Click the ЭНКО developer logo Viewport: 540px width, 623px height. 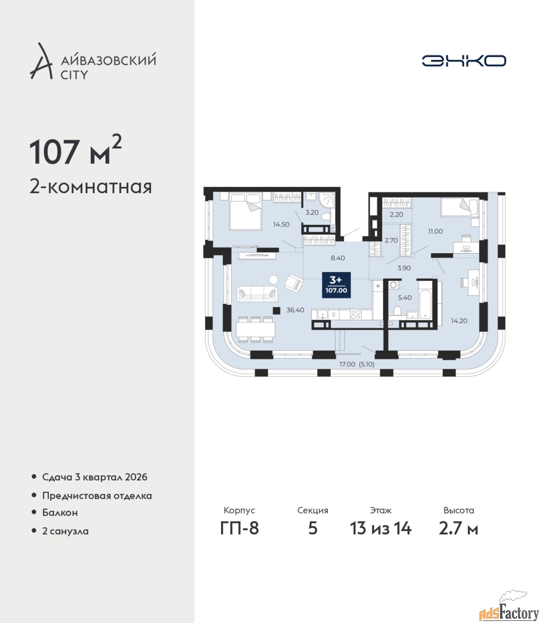pyautogui.click(x=464, y=60)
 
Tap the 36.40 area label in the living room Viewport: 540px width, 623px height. pyautogui.click(x=295, y=310)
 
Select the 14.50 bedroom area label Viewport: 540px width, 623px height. pyautogui.click(x=281, y=224)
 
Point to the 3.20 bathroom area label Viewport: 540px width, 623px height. pyautogui.click(x=312, y=212)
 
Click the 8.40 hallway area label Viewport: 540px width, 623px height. pyautogui.click(x=337, y=257)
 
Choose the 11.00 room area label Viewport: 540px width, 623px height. pyautogui.click(x=435, y=231)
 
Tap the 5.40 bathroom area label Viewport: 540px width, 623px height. pyautogui.click(x=405, y=297)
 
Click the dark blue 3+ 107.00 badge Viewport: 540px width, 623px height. pyautogui.click(x=336, y=285)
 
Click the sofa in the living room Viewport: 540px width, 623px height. pyautogui.click(x=258, y=294)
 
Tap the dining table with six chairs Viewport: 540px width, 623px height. pyautogui.click(x=256, y=330)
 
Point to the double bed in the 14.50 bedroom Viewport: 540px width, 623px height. pyautogui.click(x=245, y=212)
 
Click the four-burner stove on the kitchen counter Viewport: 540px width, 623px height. pyautogui.click(x=356, y=314)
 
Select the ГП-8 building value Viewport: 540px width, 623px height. pyautogui.click(x=240, y=529)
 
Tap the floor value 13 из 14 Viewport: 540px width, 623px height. pyautogui.click(x=380, y=529)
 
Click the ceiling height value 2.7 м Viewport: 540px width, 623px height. pyautogui.click(x=458, y=529)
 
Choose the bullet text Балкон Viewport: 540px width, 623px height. pyautogui.click(x=60, y=513)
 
